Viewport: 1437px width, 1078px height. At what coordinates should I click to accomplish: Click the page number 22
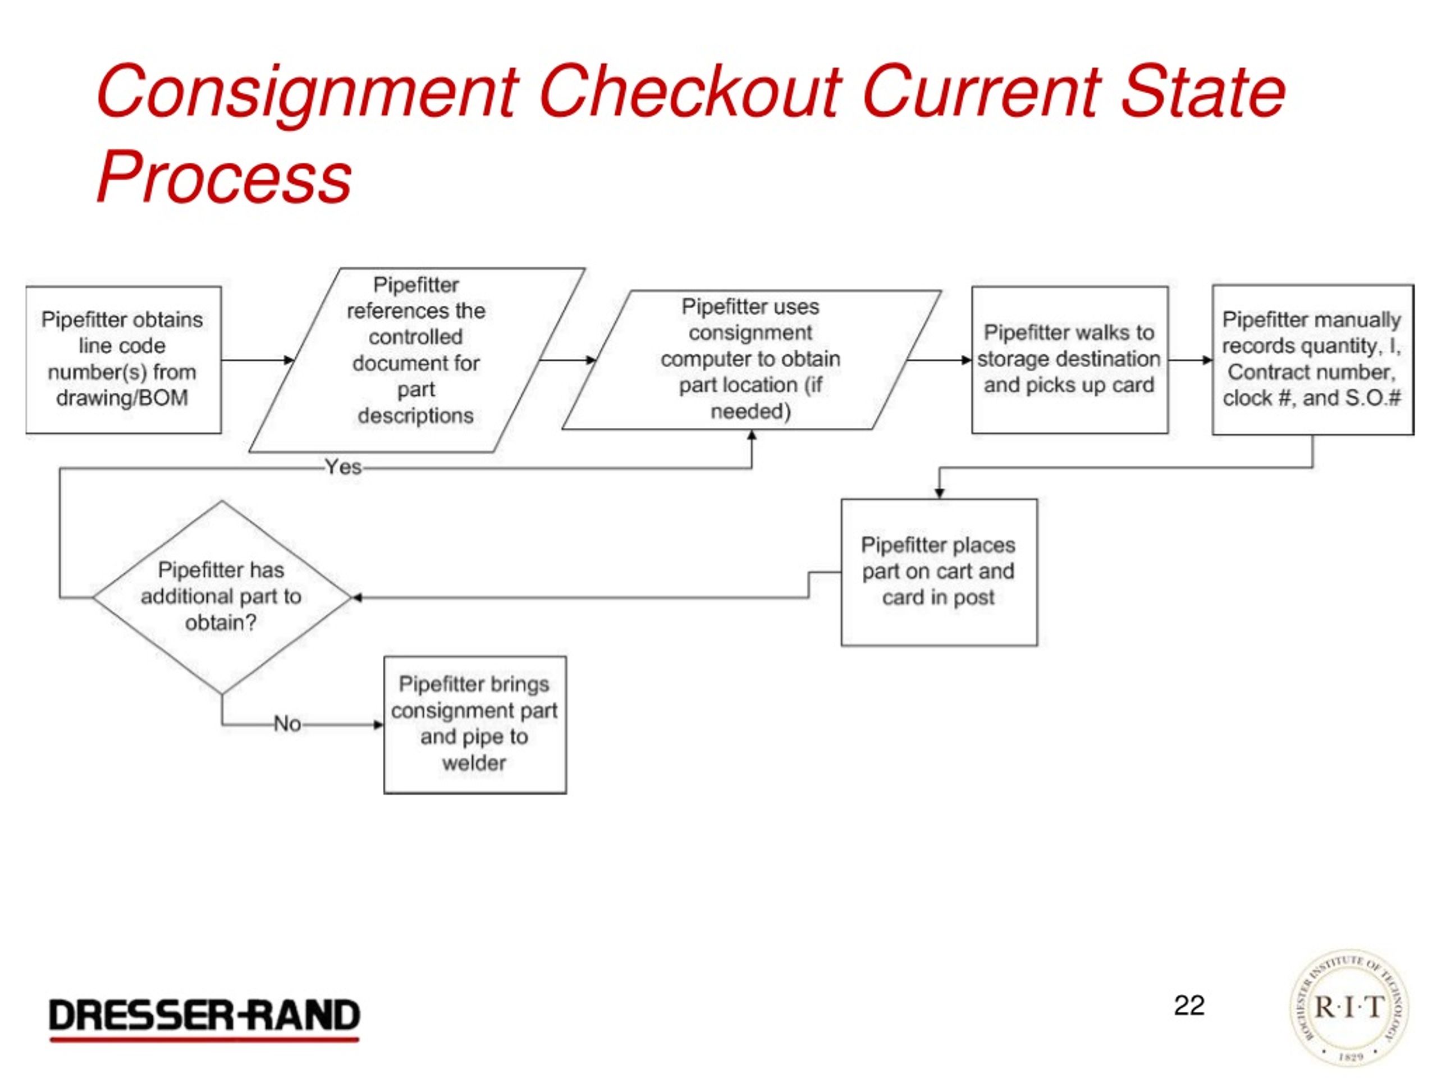1189,1006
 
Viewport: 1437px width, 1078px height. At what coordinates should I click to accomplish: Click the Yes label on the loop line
343,467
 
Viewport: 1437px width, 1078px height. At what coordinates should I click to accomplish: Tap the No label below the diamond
287,724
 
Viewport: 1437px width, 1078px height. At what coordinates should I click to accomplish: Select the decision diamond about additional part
222,596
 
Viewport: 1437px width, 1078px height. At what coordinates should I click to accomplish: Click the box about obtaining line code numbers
123,359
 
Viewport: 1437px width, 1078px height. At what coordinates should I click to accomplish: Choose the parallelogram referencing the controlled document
417,359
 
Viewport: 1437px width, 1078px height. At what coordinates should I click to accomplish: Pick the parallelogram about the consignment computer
751,359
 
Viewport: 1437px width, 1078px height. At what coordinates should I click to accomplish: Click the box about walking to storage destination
1069,359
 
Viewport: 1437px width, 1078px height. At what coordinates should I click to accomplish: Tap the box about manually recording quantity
1312,359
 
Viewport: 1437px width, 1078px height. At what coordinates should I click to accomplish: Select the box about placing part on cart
939,572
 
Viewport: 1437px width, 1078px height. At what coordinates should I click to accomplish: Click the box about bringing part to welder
475,724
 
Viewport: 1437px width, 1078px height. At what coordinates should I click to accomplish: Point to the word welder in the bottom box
474,763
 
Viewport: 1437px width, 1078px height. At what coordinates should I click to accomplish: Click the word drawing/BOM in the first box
122,398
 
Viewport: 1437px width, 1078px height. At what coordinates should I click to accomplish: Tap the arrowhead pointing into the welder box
378,724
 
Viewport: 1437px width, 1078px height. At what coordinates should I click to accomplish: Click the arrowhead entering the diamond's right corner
356,598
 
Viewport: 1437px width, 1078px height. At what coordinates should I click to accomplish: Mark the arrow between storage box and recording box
1189,360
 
